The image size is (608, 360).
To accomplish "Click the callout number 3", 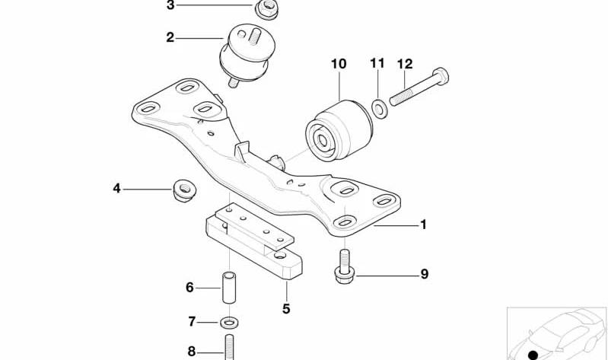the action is click(170, 5).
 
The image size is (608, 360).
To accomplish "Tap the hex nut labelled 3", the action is click(266, 8).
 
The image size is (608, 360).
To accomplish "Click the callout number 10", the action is click(339, 64).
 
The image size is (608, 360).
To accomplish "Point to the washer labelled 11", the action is click(379, 108).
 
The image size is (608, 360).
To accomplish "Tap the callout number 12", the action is click(405, 64).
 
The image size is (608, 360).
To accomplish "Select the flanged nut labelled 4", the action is click(184, 190).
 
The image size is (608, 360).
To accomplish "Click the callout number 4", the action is click(116, 189).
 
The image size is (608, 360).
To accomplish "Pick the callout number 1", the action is click(423, 225).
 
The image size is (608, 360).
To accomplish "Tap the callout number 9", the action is click(425, 274).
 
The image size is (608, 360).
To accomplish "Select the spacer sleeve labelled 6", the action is click(229, 288).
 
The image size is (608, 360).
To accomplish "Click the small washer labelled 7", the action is click(229, 322).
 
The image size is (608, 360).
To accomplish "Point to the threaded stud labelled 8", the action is click(229, 347).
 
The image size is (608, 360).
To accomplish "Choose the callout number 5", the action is click(286, 309).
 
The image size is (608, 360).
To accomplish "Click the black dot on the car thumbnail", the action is click(533, 355).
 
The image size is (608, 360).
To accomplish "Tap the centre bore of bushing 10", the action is click(322, 139).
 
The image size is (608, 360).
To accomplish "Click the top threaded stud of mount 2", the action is click(254, 37).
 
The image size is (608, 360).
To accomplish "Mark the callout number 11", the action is click(377, 63).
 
